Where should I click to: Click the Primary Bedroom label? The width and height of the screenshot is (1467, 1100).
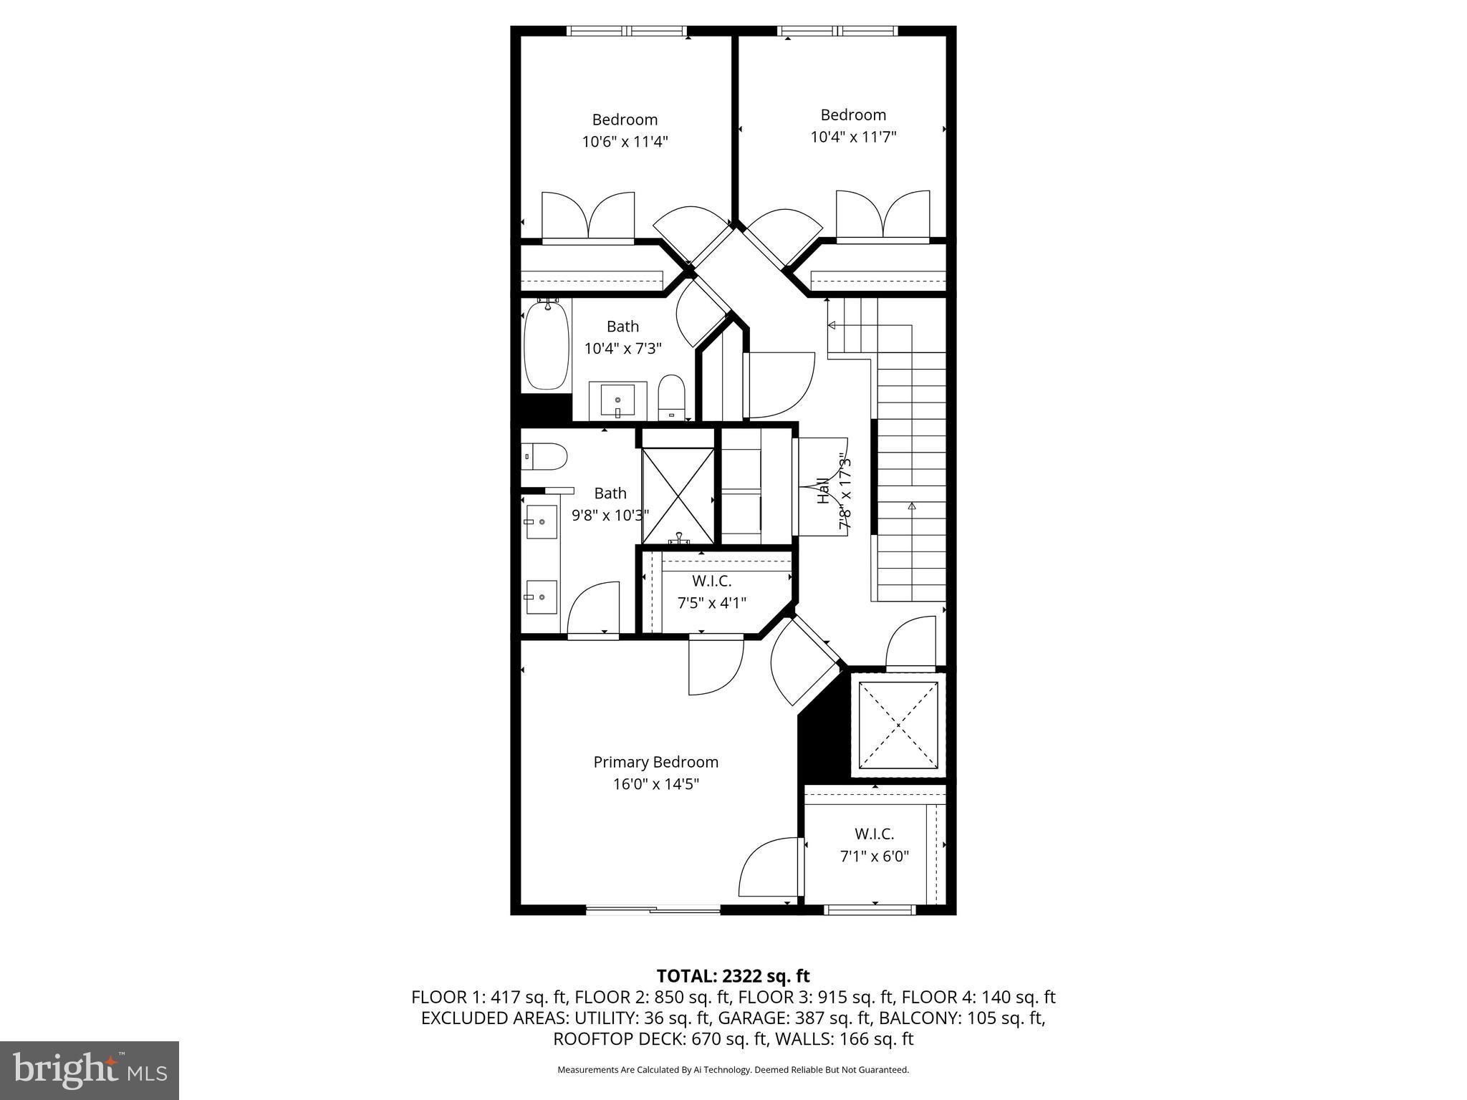(655, 762)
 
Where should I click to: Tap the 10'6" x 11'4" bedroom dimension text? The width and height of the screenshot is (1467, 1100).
(625, 142)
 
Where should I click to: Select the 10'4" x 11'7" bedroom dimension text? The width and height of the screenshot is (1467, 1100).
(853, 137)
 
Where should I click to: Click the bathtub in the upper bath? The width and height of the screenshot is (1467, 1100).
(547, 346)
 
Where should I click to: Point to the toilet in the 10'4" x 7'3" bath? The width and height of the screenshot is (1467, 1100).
(672, 397)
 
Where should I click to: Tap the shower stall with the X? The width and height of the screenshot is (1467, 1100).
(678, 495)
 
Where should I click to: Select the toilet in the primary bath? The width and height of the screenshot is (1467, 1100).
(544, 455)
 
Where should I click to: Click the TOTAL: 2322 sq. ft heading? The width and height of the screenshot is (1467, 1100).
(733, 976)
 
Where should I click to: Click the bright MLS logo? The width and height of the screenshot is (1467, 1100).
(90, 1070)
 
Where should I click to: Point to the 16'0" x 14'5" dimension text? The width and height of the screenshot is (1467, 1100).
(655, 784)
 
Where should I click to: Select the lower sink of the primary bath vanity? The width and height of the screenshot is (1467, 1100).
(541, 597)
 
